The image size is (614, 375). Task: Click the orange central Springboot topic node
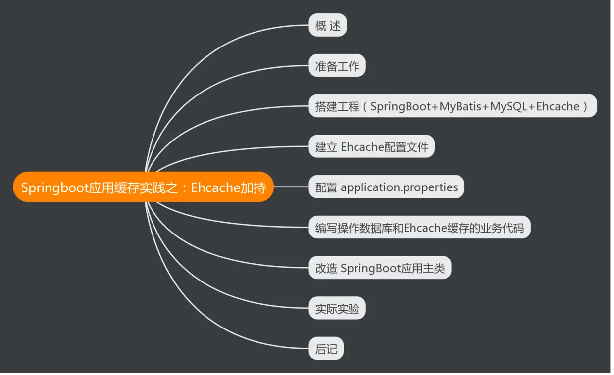143,187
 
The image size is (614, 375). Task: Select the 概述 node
328,25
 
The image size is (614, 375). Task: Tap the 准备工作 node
337,66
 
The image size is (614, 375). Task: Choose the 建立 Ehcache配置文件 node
371,147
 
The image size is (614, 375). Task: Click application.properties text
399,187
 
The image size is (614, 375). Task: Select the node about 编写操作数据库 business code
419,228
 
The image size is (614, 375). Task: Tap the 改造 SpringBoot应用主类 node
380,269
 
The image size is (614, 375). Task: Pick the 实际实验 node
337,309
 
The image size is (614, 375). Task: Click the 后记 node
326,349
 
